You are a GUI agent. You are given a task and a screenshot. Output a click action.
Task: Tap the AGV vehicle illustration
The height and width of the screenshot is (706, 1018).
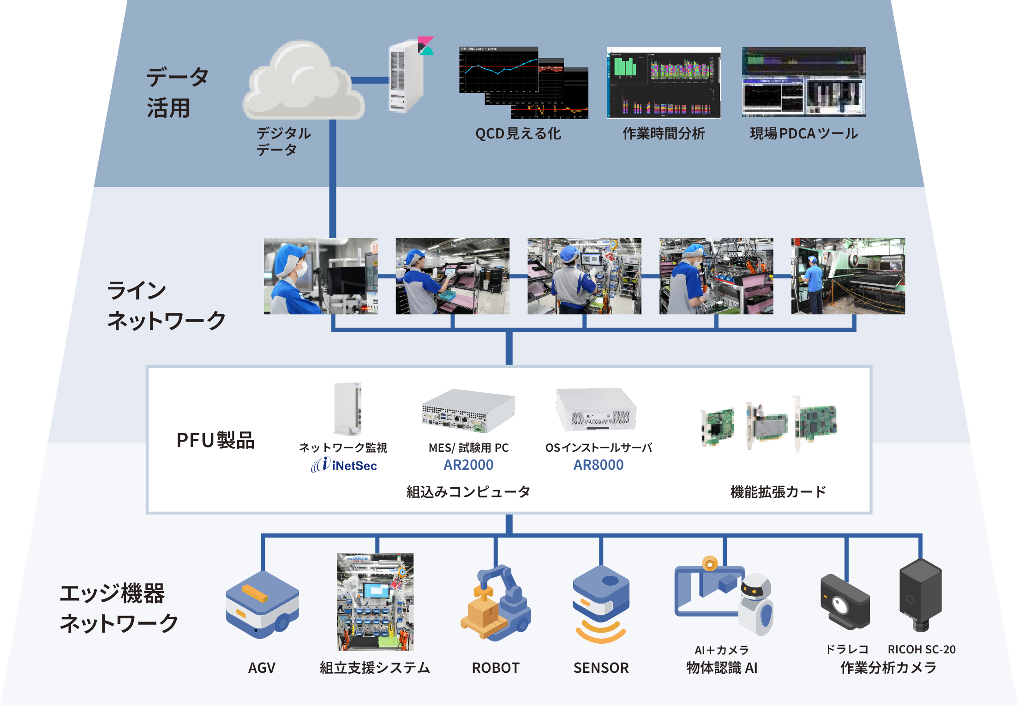pyautogui.click(x=262, y=605)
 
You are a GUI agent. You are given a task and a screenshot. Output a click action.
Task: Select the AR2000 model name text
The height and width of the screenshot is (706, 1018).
pyautogui.click(x=468, y=465)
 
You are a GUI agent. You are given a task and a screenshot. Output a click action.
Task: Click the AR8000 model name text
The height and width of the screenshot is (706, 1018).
pyautogui.click(x=598, y=465)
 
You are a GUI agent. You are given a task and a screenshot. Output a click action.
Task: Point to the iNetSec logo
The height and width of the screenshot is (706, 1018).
pyautogui.click(x=344, y=465)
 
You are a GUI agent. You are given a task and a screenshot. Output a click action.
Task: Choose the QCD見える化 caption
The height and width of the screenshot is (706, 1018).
pyautogui.click(x=518, y=134)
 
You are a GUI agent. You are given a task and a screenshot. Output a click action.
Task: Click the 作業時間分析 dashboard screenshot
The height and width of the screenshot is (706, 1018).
pyautogui.click(x=664, y=83)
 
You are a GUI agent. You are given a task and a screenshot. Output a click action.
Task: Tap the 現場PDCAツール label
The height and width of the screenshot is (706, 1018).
pyautogui.click(x=803, y=134)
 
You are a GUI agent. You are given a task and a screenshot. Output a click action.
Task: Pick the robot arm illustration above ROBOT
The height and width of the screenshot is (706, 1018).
pyautogui.click(x=496, y=602)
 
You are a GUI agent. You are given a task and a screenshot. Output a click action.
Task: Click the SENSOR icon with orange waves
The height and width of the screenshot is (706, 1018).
pyautogui.click(x=601, y=604)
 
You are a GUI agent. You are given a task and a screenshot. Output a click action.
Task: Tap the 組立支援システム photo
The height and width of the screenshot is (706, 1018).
pyautogui.click(x=375, y=602)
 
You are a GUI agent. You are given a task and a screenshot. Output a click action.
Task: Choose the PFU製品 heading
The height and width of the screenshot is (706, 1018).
pyautogui.click(x=216, y=440)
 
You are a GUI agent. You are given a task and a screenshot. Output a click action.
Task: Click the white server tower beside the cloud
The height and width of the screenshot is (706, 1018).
pyautogui.click(x=405, y=76)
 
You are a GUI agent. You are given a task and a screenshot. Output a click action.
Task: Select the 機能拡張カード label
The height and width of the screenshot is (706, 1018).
pyautogui.click(x=778, y=492)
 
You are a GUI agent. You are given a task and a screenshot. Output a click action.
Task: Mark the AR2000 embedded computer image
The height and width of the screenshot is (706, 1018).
pyautogui.click(x=468, y=410)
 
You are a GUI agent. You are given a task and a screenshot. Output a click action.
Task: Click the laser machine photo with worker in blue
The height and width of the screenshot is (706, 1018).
pyautogui.click(x=848, y=276)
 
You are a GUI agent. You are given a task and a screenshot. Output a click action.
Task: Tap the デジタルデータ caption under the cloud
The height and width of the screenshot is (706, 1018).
pyautogui.click(x=283, y=141)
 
